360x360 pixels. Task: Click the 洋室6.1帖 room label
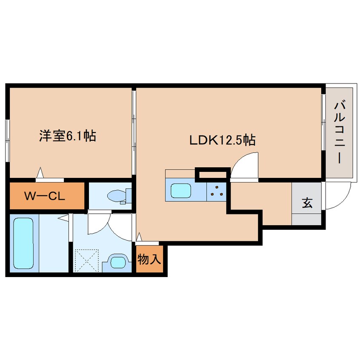coord(68,136)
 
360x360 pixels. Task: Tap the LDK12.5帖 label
coord(222,140)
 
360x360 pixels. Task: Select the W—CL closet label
coord(45,196)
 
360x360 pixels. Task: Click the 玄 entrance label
coord(307,203)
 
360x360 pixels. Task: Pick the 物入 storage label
coord(149,260)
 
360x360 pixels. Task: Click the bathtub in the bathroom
coord(23,243)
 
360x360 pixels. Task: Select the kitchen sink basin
coord(181,190)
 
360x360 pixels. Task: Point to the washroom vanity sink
coord(117,262)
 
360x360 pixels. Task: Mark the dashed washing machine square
coord(87,261)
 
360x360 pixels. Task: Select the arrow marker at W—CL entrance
coord(40,172)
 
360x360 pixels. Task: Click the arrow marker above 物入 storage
coord(139,237)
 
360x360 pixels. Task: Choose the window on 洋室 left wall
coord(8,141)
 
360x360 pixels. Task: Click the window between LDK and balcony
coord(323,122)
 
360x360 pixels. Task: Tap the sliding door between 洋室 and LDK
coord(134,133)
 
